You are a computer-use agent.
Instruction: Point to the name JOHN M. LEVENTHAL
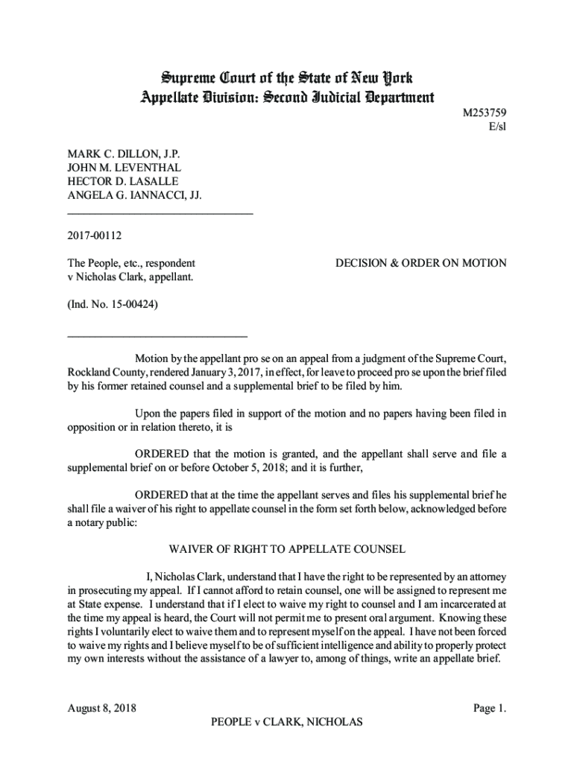pos(124,168)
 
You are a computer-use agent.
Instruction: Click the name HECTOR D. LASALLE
pos(123,182)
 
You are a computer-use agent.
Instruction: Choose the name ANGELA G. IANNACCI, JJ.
pos(135,195)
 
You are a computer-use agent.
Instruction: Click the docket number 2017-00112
pos(95,236)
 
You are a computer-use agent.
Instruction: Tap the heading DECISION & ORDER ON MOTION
pos(421,263)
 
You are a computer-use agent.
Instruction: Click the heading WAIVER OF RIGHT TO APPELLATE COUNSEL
pos(287,550)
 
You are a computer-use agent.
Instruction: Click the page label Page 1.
pos(490,708)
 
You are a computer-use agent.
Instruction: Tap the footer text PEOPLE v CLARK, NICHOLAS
pos(287,722)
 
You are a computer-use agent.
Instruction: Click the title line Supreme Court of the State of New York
pos(287,78)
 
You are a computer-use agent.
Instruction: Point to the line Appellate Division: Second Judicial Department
pos(287,97)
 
